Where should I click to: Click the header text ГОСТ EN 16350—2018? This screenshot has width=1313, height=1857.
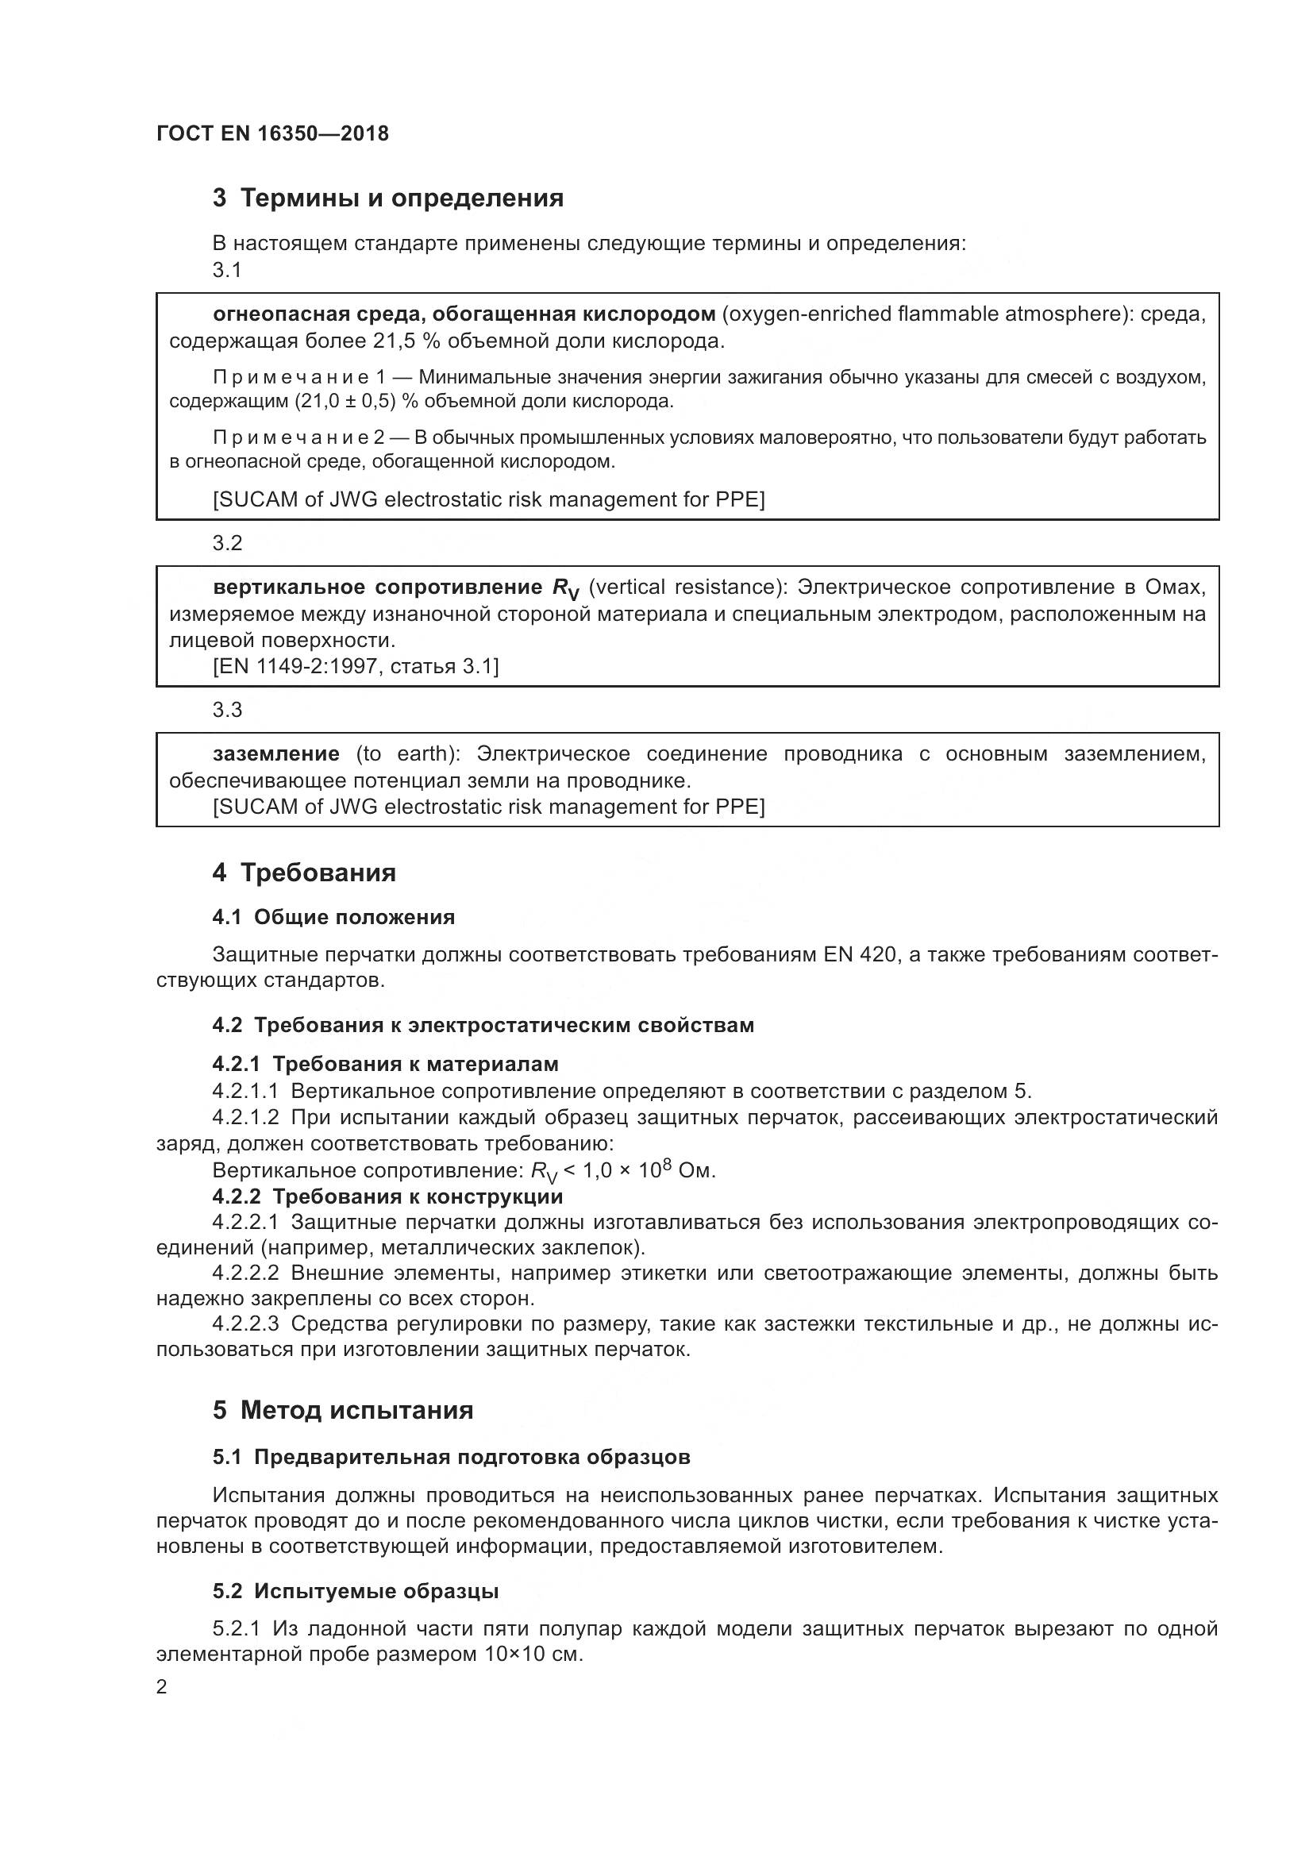tap(272, 134)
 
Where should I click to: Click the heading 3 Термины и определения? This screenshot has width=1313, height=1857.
tap(388, 198)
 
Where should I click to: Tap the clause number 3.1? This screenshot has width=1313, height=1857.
tap(227, 270)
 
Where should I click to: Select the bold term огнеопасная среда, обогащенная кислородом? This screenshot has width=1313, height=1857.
tap(464, 314)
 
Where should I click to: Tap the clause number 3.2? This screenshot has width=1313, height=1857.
tap(227, 543)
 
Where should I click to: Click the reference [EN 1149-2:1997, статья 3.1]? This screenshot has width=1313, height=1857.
tap(356, 666)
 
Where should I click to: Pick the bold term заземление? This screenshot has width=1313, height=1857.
tap(275, 753)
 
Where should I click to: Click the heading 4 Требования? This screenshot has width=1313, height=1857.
tap(304, 873)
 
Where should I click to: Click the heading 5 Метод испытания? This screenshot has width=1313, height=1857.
tap(343, 1411)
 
